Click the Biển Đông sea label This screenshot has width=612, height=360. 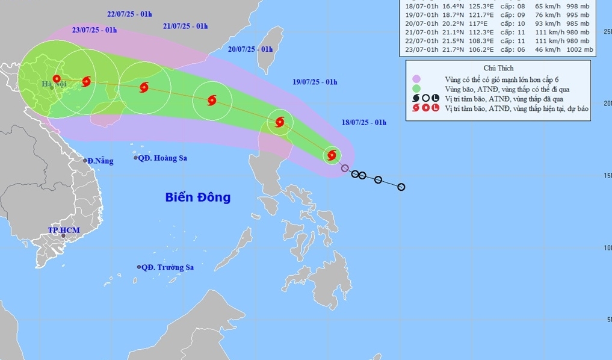point(198,197)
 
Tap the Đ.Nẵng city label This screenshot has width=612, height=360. point(98,161)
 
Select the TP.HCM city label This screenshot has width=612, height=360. point(64,230)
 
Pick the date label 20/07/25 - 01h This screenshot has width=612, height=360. point(251,49)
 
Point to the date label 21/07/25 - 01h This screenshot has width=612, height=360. point(185,26)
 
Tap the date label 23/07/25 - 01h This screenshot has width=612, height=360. point(94,29)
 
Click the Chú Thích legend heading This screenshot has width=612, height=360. point(498,68)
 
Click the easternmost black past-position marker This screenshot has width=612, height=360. point(401,187)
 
